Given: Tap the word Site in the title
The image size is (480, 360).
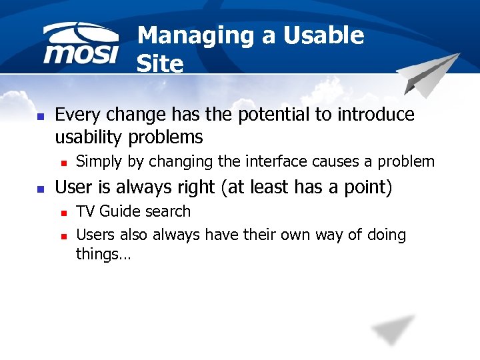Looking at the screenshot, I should [159, 64].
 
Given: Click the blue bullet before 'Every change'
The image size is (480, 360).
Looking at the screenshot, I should [40, 116].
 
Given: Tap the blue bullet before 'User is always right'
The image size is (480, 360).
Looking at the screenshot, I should [40, 189].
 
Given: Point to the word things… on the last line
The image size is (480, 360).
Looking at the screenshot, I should [103, 254].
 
